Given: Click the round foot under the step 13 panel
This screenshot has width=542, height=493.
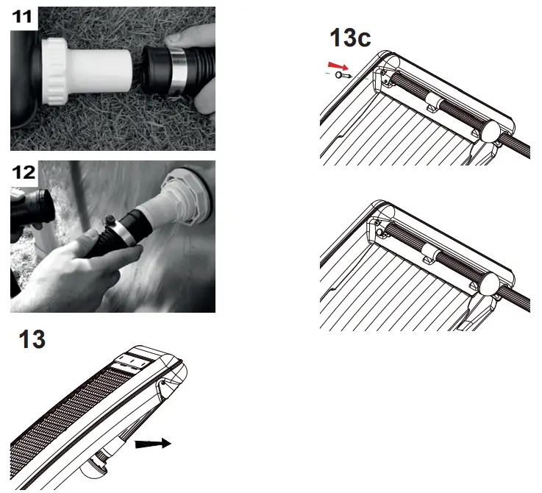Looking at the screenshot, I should tap(99, 462).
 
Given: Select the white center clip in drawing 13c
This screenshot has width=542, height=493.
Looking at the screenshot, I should tap(434, 102).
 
